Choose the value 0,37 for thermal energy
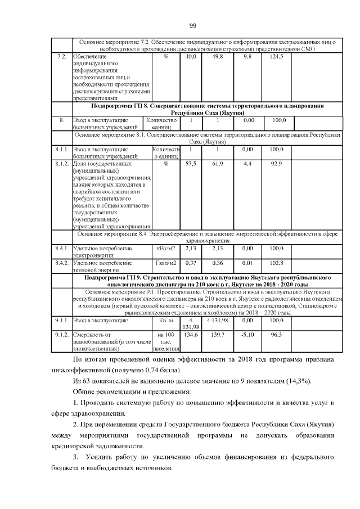click(191, 263)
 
